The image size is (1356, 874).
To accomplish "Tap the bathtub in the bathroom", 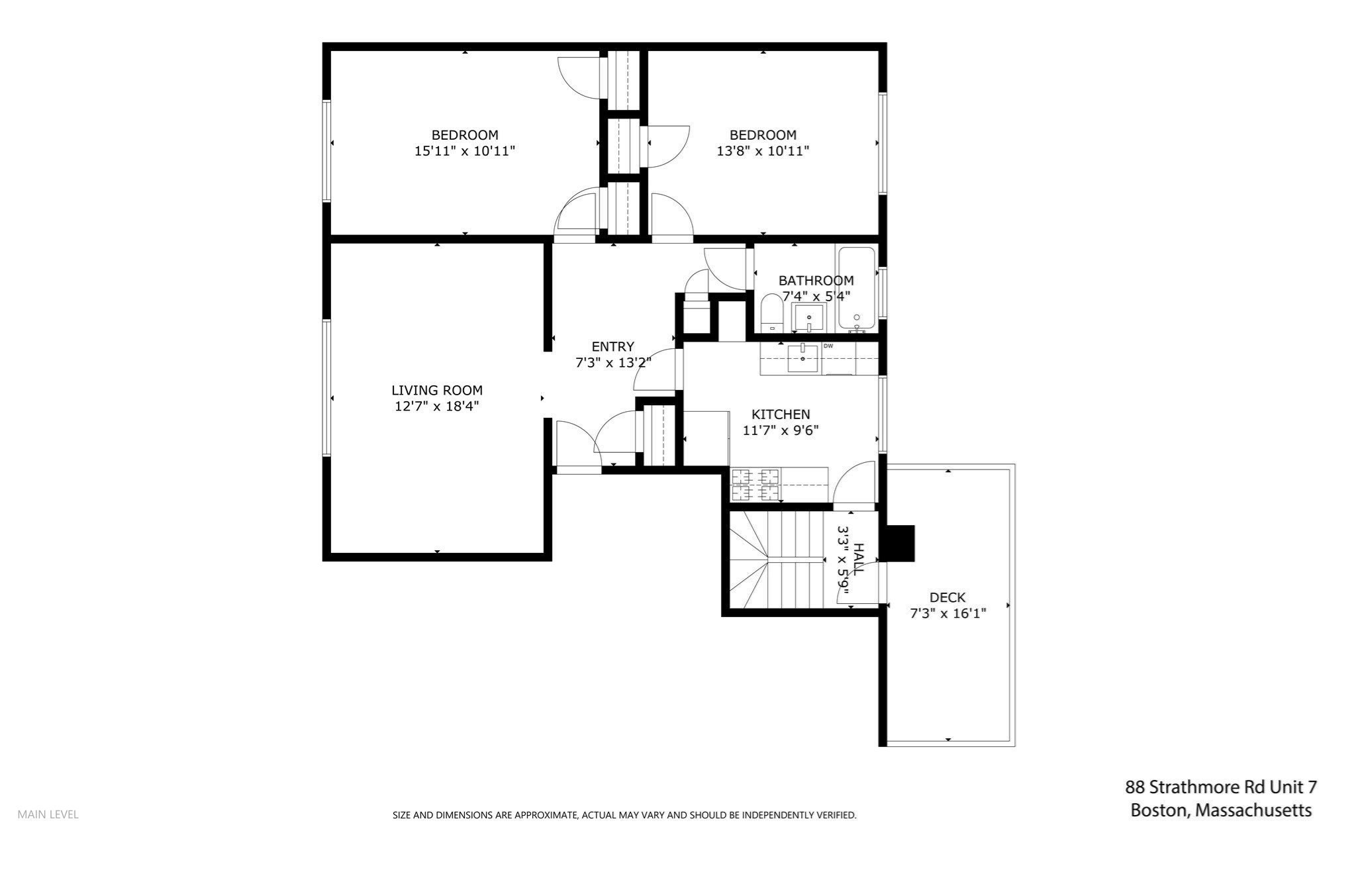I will (x=857, y=287).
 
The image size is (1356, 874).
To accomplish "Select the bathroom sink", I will (x=808, y=318).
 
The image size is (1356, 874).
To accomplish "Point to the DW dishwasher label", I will (x=828, y=346).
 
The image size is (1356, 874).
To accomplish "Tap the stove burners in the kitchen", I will (x=755, y=484).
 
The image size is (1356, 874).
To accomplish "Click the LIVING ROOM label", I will (x=437, y=391).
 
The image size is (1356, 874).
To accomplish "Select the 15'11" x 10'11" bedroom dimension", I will (x=465, y=151).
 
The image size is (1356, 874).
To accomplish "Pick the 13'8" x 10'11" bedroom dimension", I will (x=763, y=151).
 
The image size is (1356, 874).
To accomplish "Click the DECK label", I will (x=947, y=597).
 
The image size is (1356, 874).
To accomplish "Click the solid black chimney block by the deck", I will (x=900, y=543).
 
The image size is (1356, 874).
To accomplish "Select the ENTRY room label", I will (x=612, y=346).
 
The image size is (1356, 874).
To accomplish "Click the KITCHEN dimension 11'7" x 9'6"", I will (x=781, y=430).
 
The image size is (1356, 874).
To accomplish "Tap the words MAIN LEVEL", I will (x=48, y=814).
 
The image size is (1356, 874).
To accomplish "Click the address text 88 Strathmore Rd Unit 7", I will (x=1221, y=787).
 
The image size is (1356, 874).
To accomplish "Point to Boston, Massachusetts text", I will (x=1221, y=810).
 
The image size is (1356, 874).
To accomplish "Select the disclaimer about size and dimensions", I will (x=624, y=815).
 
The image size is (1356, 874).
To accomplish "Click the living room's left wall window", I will (x=326, y=387).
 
